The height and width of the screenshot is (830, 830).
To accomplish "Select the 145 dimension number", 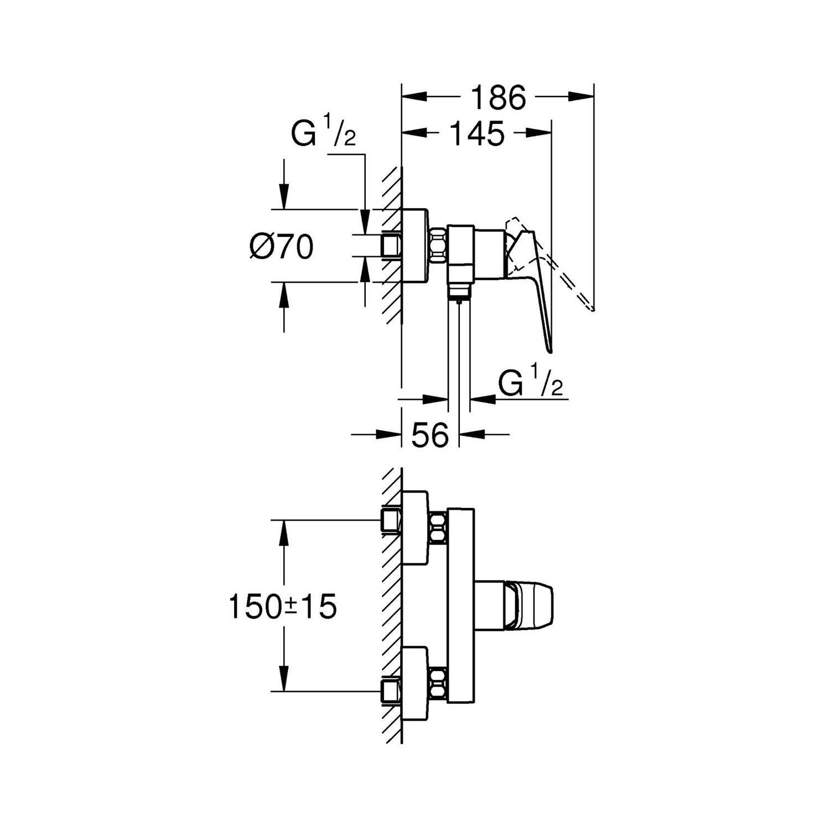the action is pos(477,133).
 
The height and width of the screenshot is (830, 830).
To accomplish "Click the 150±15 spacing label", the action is pos(282,607).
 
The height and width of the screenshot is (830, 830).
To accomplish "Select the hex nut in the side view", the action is pos(438,246).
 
